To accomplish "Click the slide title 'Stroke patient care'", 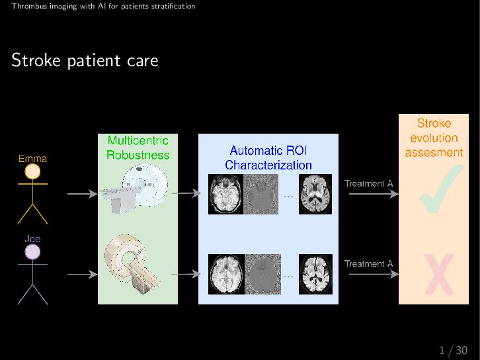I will tap(85, 61).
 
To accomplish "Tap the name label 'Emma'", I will tap(32, 158).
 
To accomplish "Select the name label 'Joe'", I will tap(32, 238).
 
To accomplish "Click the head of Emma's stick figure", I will tap(32, 172).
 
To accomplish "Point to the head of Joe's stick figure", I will tap(32, 252).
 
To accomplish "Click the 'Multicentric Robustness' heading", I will tap(138, 148).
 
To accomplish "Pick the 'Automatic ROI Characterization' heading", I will tap(268, 157).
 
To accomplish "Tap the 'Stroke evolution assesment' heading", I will tap(434, 138).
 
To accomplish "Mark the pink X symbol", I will tap(438, 275).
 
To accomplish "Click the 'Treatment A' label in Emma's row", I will tap(368, 183).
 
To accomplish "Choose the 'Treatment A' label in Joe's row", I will tap(368, 263).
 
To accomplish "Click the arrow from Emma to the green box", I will tap(81, 194).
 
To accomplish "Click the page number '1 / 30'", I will tap(453, 350).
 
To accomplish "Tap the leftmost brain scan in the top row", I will tap(226, 194).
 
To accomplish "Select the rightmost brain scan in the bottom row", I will tap(315, 273).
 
